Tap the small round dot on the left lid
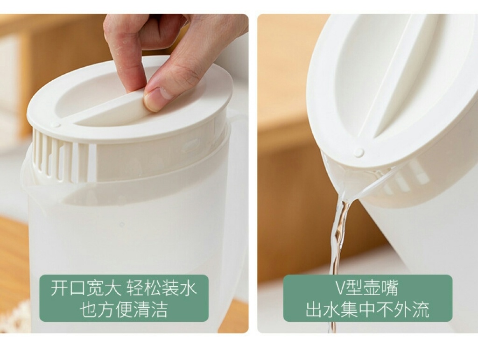[x=55, y=124]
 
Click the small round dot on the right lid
[x=359, y=152]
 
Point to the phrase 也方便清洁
[x=124, y=310]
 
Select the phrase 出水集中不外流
[x=368, y=310]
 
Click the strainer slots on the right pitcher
[x=406, y=180]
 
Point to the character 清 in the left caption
[x=142, y=310]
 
